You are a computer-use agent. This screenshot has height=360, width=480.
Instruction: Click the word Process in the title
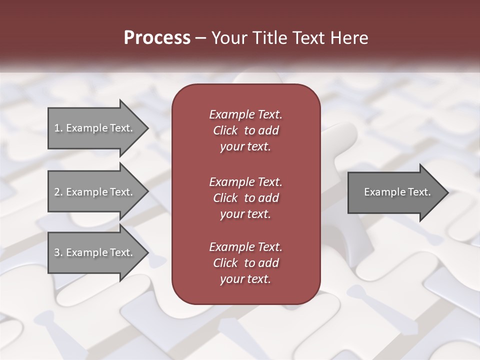click(x=157, y=38)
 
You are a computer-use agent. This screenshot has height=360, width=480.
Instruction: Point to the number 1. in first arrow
click(x=58, y=128)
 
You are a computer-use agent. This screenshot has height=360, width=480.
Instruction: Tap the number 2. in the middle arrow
click(x=58, y=192)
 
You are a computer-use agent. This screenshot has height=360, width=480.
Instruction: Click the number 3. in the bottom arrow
click(x=58, y=252)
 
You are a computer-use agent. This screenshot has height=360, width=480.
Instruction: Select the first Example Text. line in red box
click(x=245, y=114)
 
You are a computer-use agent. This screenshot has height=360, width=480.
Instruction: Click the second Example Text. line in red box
click(x=245, y=181)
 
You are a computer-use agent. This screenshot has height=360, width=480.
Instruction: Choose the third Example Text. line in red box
click(x=245, y=247)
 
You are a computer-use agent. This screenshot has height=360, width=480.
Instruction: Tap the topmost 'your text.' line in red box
click(x=245, y=147)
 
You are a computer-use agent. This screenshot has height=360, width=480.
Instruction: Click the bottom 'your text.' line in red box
click(x=245, y=279)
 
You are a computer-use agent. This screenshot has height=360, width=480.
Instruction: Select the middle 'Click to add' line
click(x=245, y=198)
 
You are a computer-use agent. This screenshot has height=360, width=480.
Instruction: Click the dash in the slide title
click(x=201, y=38)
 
